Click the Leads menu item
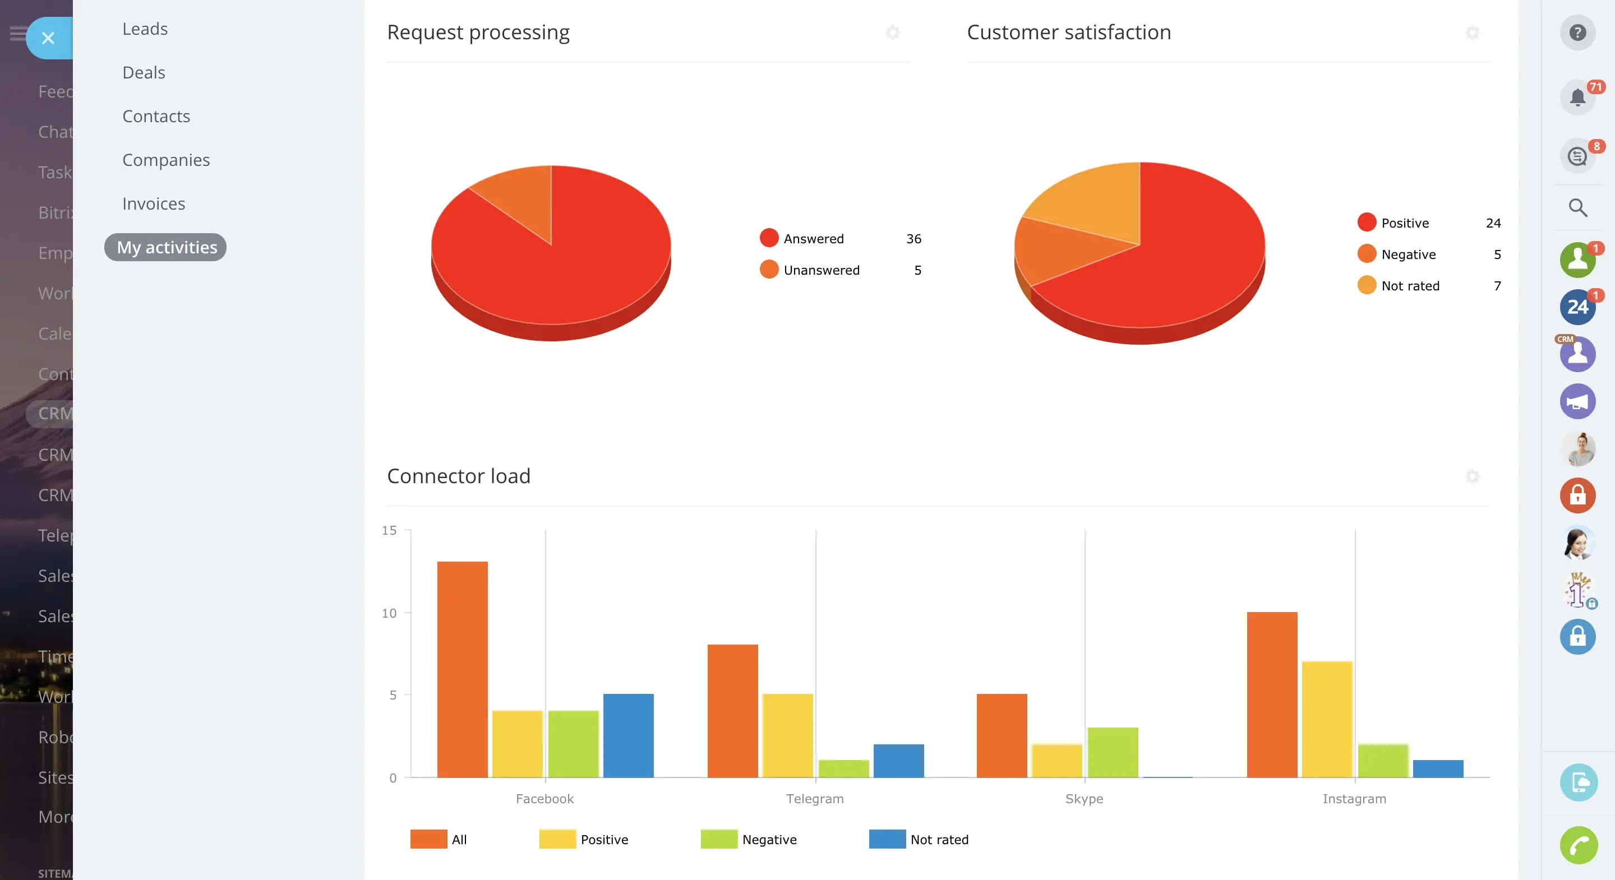point(145,29)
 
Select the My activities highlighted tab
point(166,248)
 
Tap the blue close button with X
point(48,38)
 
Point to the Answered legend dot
point(769,238)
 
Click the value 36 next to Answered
point(913,239)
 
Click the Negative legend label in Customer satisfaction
point(1408,254)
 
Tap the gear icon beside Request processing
point(893,33)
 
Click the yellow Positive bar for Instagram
point(1327,719)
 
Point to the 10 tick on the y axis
point(389,613)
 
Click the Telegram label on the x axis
point(814,799)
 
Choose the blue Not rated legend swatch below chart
point(887,839)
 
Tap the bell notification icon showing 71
point(1577,97)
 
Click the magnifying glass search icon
point(1577,207)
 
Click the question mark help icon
point(1577,33)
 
